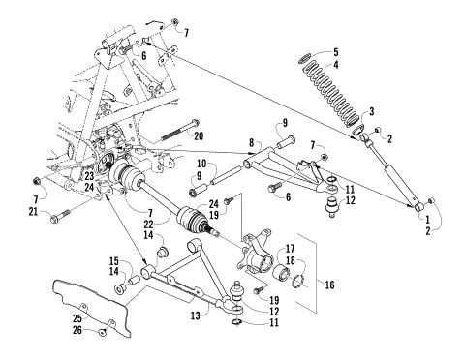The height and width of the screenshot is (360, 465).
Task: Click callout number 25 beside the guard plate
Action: [77, 318]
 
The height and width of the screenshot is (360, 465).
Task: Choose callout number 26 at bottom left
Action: [77, 331]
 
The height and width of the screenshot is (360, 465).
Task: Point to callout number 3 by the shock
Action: [370, 112]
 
